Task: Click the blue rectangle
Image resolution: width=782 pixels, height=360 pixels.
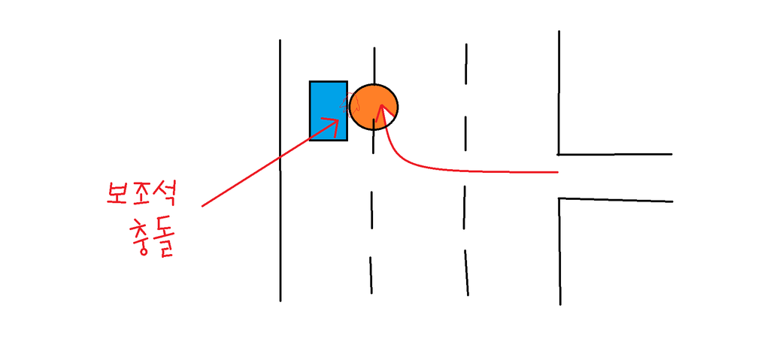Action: [328, 110]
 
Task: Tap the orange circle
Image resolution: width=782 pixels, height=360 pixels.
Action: [374, 107]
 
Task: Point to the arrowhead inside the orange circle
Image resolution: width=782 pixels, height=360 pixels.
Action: [383, 110]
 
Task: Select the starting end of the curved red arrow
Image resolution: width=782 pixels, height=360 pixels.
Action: [557, 172]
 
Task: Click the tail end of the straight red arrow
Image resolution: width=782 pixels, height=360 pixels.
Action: [203, 204]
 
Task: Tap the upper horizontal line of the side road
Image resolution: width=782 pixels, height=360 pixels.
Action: [614, 154]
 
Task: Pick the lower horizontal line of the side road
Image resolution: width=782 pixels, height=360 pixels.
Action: [615, 200]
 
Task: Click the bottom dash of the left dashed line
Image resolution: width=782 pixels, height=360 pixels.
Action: [371, 275]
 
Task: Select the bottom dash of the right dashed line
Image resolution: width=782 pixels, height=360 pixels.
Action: [466, 271]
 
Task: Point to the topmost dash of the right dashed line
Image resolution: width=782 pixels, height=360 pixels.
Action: [466, 60]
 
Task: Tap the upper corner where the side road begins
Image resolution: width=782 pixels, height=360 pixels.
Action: [559, 154]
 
